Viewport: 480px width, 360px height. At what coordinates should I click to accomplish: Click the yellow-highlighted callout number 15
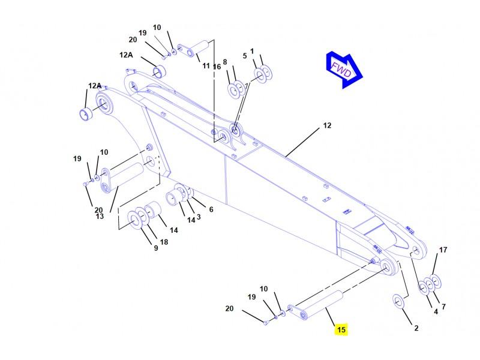click(341, 329)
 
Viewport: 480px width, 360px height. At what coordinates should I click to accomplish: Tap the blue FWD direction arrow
click(344, 70)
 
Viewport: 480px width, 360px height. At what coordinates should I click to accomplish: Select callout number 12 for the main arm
click(327, 125)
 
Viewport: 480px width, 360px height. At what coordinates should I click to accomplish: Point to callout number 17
click(443, 250)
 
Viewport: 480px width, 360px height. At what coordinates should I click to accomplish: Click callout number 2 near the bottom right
click(416, 328)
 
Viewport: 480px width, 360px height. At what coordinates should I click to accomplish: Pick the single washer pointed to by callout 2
click(398, 301)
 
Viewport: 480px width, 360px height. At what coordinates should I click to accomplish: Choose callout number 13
click(100, 216)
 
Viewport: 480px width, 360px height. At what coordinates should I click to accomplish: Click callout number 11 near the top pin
click(206, 66)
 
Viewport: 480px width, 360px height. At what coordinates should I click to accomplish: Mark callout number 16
click(217, 67)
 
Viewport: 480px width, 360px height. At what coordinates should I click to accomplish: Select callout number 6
click(211, 209)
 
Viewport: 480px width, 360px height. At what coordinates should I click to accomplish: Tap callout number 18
click(164, 242)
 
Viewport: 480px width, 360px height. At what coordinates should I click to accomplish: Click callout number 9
click(156, 248)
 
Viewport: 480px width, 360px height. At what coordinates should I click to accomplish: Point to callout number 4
click(436, 311)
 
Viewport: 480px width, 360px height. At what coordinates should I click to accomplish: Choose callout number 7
click(443, 306)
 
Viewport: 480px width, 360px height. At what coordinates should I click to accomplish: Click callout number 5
click(245, 56)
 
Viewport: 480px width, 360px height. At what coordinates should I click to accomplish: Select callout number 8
click(225, 62)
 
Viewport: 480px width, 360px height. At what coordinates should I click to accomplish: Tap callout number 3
click(199, 217)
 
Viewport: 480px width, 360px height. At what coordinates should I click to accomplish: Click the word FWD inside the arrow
click(341, 70)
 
